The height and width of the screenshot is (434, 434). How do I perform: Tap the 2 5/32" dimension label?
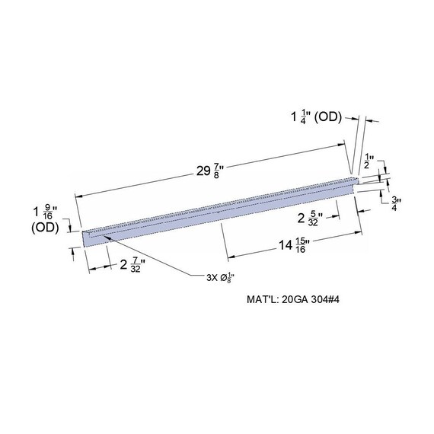point(309,219)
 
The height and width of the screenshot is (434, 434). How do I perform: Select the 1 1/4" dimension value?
point(300,116)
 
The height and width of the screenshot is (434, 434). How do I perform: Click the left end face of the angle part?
point(85,238)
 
